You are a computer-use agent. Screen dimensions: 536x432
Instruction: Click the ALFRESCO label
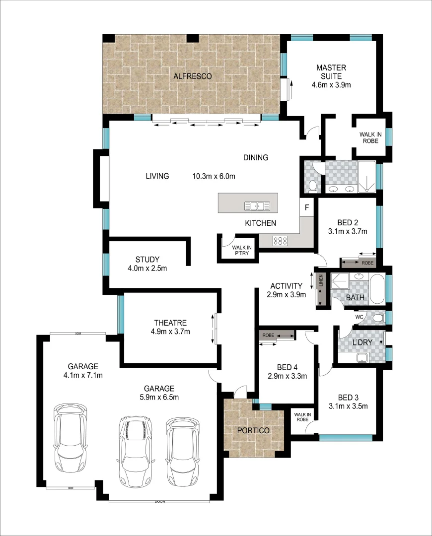[193, 76]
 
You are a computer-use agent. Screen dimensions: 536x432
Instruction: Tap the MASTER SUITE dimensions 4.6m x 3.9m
[331, 84]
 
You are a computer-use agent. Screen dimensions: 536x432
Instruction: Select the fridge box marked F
[306, 207]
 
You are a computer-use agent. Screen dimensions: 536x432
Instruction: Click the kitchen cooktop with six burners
[281, 241]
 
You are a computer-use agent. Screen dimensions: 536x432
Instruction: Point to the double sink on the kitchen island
[257, 205]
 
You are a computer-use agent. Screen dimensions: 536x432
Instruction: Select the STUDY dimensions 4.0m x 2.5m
[147, 268]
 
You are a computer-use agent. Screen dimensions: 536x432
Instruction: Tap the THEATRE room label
[170, 322]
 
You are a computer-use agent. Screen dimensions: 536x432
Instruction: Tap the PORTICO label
[253, 430]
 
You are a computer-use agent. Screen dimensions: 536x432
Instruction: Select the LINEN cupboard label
[321, 280]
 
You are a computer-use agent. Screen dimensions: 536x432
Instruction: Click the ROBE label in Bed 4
[269, 335]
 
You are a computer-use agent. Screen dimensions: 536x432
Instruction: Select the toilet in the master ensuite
[313, 185]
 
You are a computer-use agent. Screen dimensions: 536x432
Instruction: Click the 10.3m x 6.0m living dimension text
[214, 176]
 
